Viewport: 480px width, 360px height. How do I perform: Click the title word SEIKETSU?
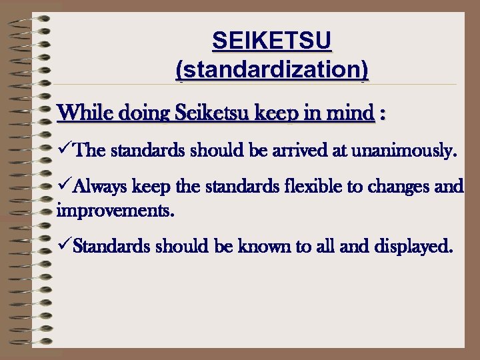click(x=271, y=42)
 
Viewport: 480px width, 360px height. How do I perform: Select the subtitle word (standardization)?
click(x=271, y=69)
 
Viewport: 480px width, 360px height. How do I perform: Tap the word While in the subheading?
click(x=85, y=113)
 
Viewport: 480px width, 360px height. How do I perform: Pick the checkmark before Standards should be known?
click(x=64, y=247)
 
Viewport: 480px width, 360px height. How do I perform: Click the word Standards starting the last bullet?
click(x=111, y=247)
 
